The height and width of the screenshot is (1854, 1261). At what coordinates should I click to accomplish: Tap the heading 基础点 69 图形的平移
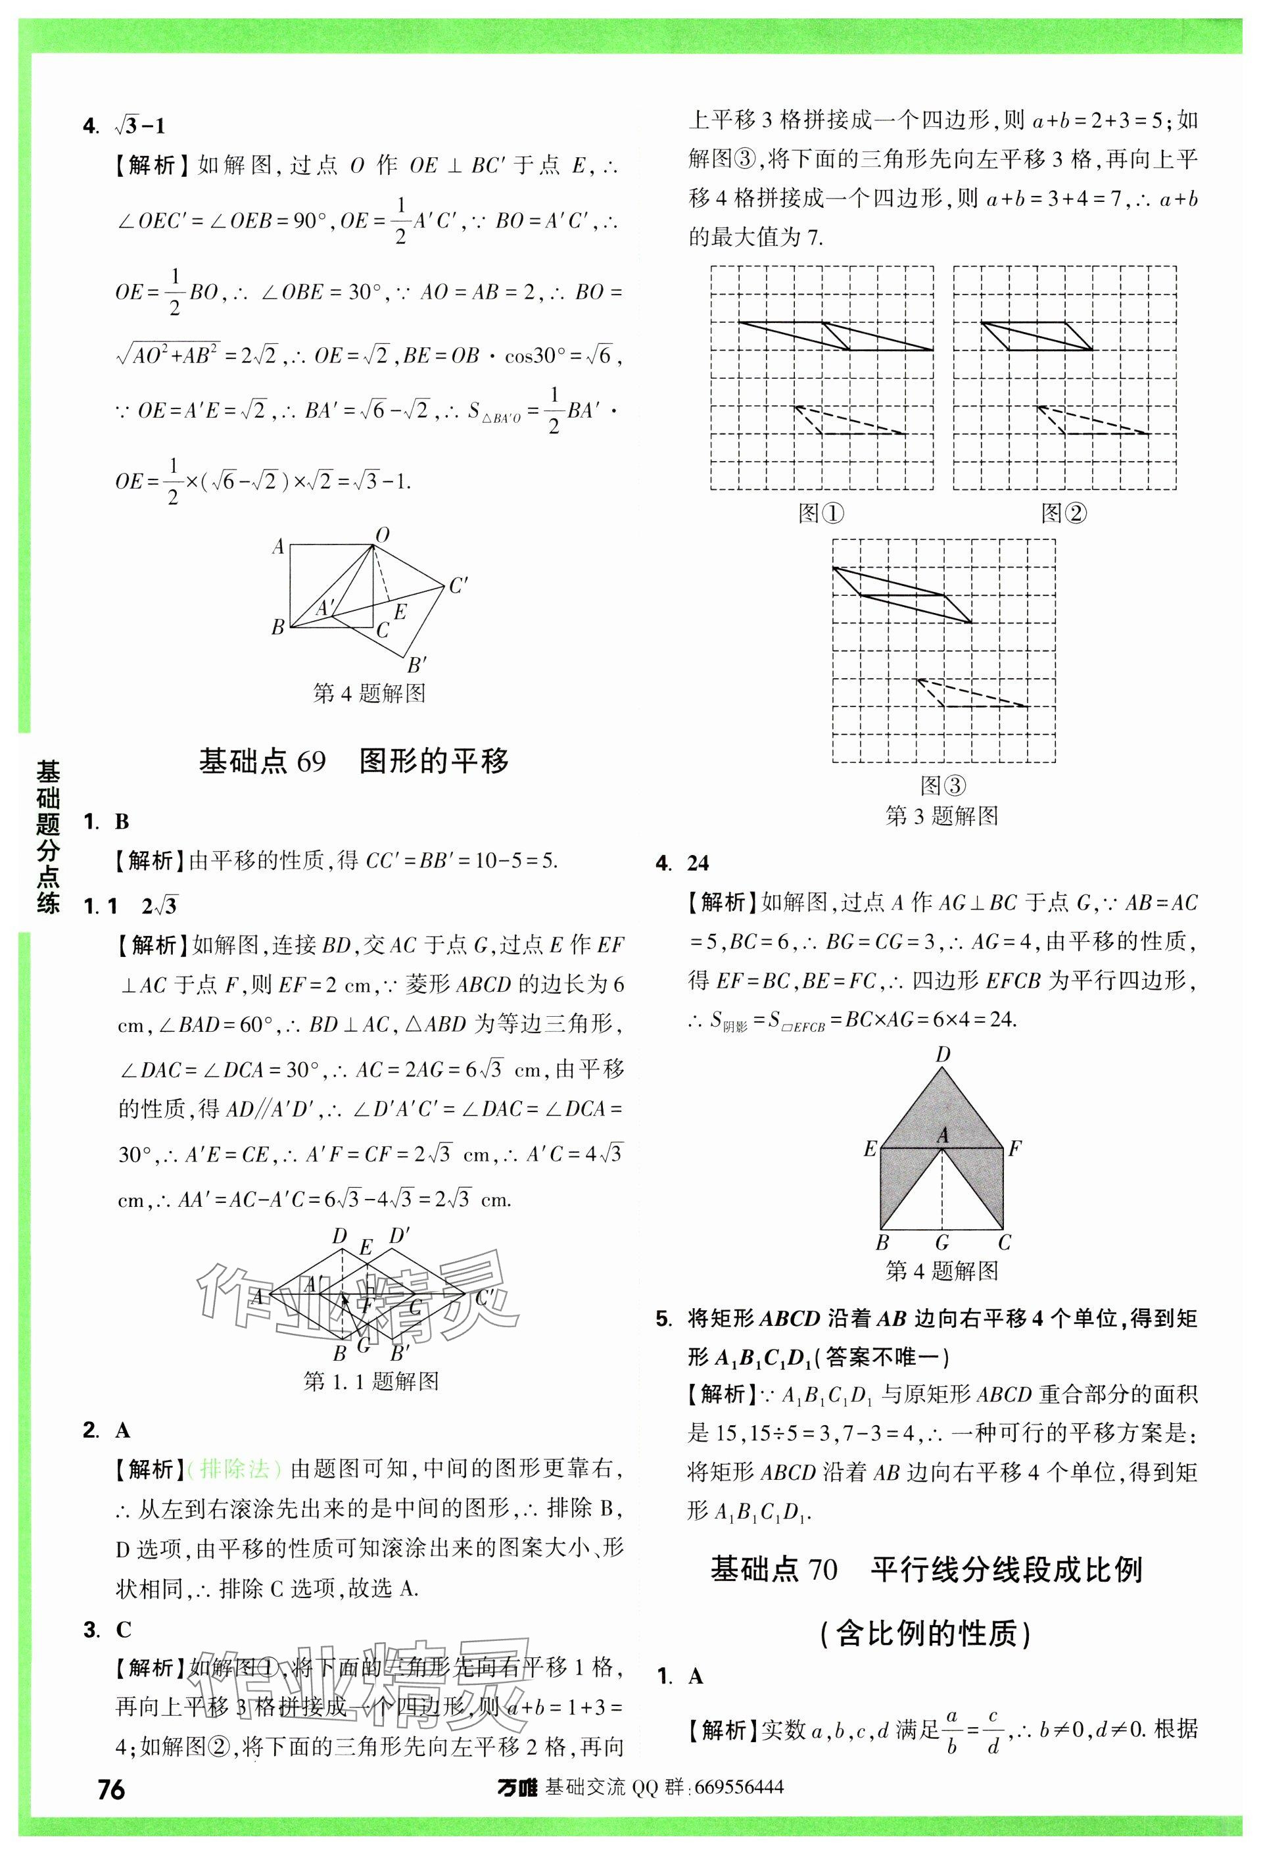coord(353,761)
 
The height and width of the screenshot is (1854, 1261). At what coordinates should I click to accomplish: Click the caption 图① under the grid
coord(821,513)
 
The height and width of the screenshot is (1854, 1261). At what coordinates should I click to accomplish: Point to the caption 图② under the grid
coord(1063,513)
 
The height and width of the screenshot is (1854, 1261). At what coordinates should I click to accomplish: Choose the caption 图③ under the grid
coord(943,786)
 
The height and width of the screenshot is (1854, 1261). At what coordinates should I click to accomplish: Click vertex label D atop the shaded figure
coord(943,1055)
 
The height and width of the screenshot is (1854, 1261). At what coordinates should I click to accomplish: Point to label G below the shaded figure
coord(942,1242)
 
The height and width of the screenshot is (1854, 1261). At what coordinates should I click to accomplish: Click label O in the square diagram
coord(382,535)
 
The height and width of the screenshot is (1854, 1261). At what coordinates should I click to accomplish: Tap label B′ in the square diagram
coord(416,664)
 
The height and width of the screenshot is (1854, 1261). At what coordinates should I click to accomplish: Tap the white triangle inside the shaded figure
coord(942,1196)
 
